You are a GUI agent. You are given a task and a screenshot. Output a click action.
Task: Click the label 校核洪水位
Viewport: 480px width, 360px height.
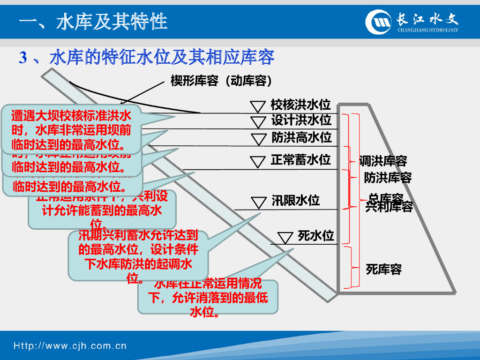point(300,105)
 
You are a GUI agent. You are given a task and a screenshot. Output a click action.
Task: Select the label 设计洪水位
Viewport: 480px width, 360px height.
point(301,120)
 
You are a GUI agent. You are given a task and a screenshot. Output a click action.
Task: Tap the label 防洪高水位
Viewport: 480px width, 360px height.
point(301,137)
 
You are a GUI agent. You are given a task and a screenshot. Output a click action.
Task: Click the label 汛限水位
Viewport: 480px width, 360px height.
point(295,201)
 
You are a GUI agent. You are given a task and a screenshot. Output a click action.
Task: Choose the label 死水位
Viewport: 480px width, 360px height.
point(315,235)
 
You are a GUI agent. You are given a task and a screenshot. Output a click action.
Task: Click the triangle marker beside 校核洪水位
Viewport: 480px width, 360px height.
point(257,105)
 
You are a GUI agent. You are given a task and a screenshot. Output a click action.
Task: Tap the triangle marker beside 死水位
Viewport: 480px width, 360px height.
point(285,238)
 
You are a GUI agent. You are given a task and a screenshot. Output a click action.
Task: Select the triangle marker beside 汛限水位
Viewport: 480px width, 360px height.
point(258,202)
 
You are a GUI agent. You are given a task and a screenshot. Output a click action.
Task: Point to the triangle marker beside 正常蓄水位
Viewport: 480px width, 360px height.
point(257,162)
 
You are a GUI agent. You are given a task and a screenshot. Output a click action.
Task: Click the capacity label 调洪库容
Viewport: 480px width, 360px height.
point(383,161)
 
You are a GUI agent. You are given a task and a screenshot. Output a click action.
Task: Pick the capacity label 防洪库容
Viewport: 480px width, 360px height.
point(388,178)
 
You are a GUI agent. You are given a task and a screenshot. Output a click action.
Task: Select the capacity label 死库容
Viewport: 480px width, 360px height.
point(383,269)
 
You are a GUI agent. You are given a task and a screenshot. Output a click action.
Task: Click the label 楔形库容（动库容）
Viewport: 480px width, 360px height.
point(221,81)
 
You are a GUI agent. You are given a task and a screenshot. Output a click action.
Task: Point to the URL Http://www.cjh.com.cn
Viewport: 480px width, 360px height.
point(70,346)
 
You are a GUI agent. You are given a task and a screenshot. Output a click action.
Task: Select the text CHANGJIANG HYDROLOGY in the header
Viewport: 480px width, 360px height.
point(427,30)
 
